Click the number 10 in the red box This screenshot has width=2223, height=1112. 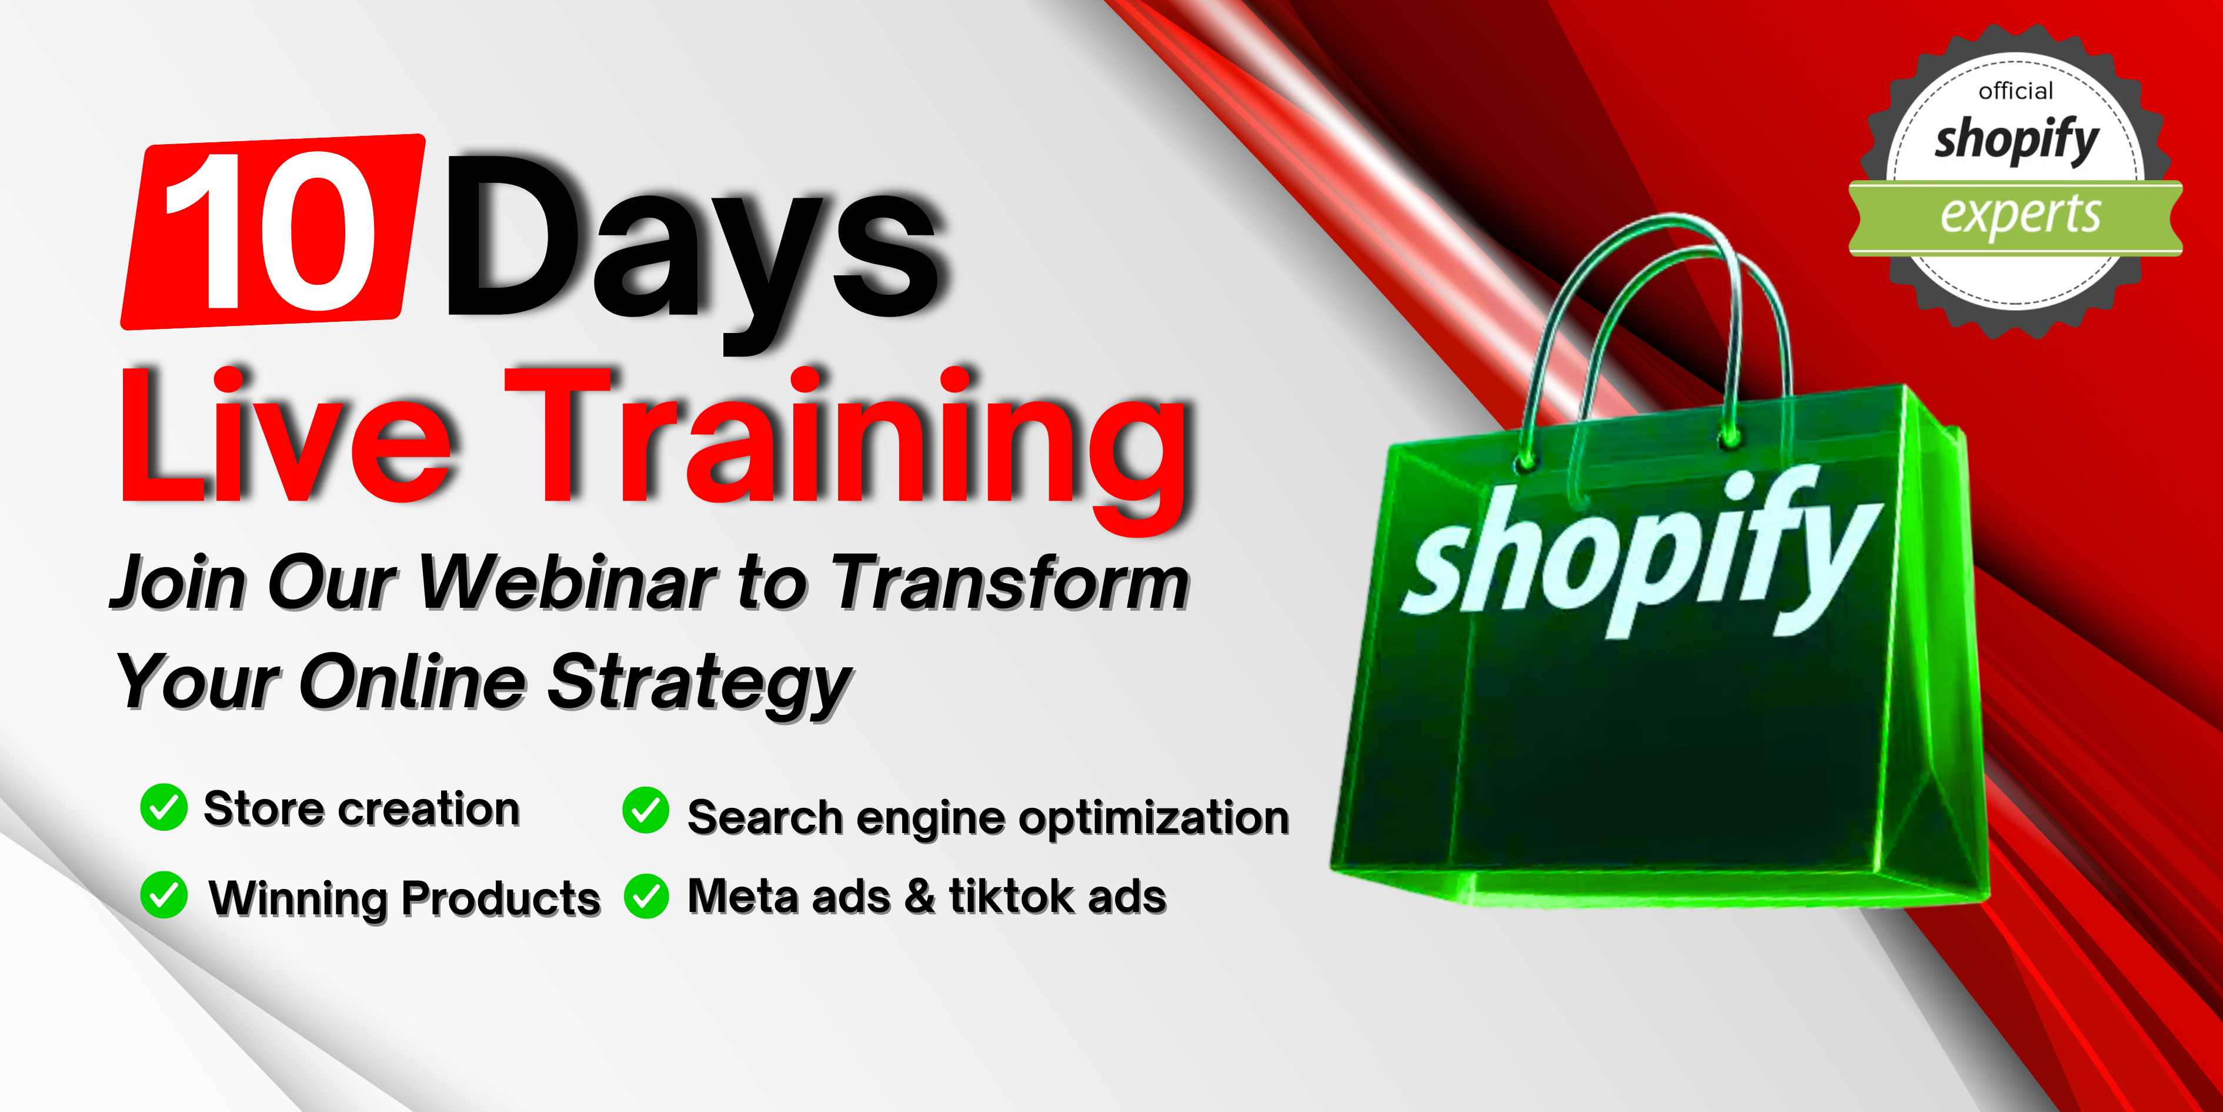click(270, 231)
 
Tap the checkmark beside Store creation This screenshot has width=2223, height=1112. click(163, 807)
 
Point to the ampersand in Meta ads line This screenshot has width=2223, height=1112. click(920, 896)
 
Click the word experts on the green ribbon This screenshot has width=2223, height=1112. click(2020, 215)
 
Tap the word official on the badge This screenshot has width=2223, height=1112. click(2016, 91)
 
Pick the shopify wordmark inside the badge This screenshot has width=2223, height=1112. click(2016, 140)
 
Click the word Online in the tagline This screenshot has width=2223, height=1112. click(412, 681)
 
